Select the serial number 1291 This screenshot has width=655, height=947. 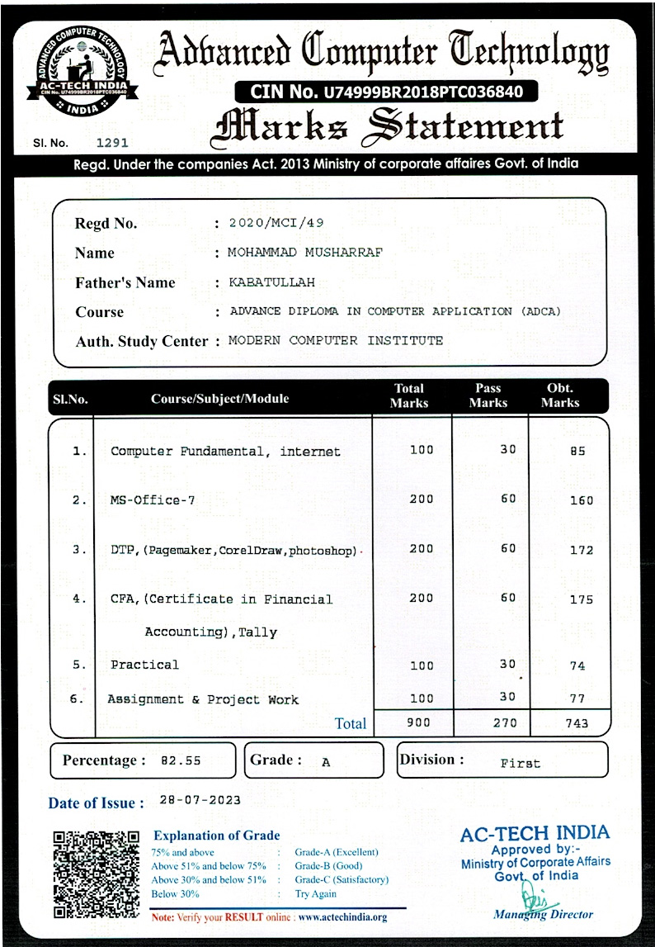click(x=112, y=143)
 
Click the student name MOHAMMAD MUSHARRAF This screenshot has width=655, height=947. click(x=305, y=253)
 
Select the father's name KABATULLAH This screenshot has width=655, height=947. click(x=271, y=282)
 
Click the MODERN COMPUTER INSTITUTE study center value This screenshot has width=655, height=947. click(x=335, y=340)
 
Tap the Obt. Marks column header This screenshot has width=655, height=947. click(x=560, y=395)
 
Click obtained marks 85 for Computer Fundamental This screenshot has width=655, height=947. click(x=577, y=452)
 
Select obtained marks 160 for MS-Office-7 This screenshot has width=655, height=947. click(x=581, y=500)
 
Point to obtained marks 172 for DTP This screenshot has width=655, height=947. click(x=581, y=550)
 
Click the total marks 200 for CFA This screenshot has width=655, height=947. click(x=421, y=599)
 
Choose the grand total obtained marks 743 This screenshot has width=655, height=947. click(x=577, y=723)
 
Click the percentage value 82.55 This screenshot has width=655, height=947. click(x=180, y=761)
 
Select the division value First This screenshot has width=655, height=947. click(x=520, y=764)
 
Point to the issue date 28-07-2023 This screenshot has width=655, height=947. click(x=200, y=800)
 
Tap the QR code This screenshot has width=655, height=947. click(x=95, y=874)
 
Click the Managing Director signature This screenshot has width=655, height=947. click(x=534, y=897)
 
